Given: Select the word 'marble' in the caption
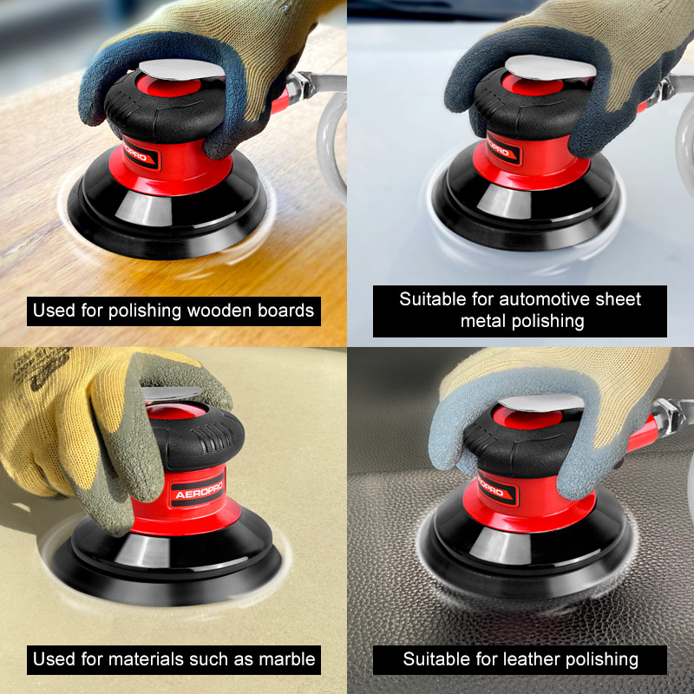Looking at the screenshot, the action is point(287,659).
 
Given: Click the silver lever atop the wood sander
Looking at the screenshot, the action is point(181,69).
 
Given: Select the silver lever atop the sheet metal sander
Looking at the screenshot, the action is point(550,68).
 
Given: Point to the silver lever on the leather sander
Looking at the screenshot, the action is point(540,403).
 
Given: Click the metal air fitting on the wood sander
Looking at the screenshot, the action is point(302,84).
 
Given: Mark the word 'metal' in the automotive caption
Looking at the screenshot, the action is point(483,321).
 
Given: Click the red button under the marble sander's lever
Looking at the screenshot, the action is point(176,411).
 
